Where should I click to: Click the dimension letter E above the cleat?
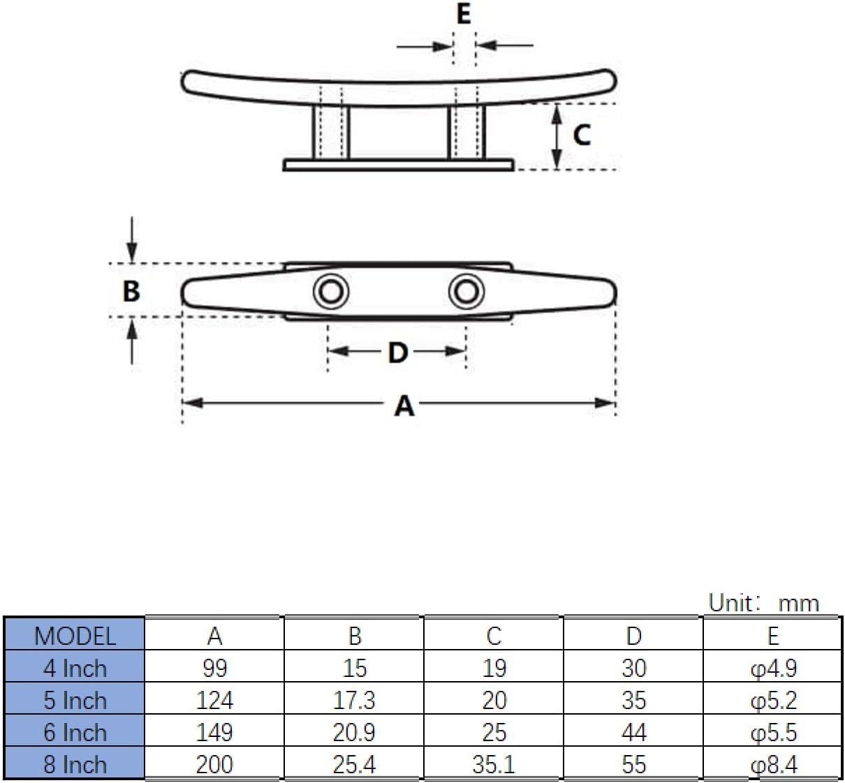pyautogui.click(x=464, y=14)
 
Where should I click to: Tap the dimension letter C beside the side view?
pyautogui.click(x=581, y=135)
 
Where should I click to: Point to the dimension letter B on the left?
pyautogui.click(x=131, y=291)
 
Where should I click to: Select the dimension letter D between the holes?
pyautogui.click(x=397, y=352)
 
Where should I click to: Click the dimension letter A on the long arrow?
pyautogui.click(x=404, y=405)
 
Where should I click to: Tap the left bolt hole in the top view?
pyautogui.click(x=330, y=291)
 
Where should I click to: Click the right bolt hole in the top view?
pyautogui.click(x=466, y=291)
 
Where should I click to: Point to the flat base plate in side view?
pyautogui.click(x=398, y=165)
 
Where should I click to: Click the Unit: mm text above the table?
pyautogui.click(x=763, y=602)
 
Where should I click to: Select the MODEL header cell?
pyautogui.click(x=74, y=636)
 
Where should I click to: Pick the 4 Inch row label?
pyautogui.click(x=74, y=669)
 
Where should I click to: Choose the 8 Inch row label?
pyautogui.click(x=74, y=764)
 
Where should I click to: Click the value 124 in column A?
pyautogui.click(x=214, y=700)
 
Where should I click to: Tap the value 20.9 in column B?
pyautogui.click(x=354, y=732)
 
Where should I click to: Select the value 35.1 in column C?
pyautogui.click(x=494, y=764)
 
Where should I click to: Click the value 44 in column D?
pyautogui.click(x=633, y=732)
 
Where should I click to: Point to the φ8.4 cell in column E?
pyautogui.click(x=773, y=764)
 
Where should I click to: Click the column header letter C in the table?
pyautogui.click(x=494, y=636)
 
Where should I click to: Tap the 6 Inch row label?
pyautogui.click(x=74, y=732)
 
